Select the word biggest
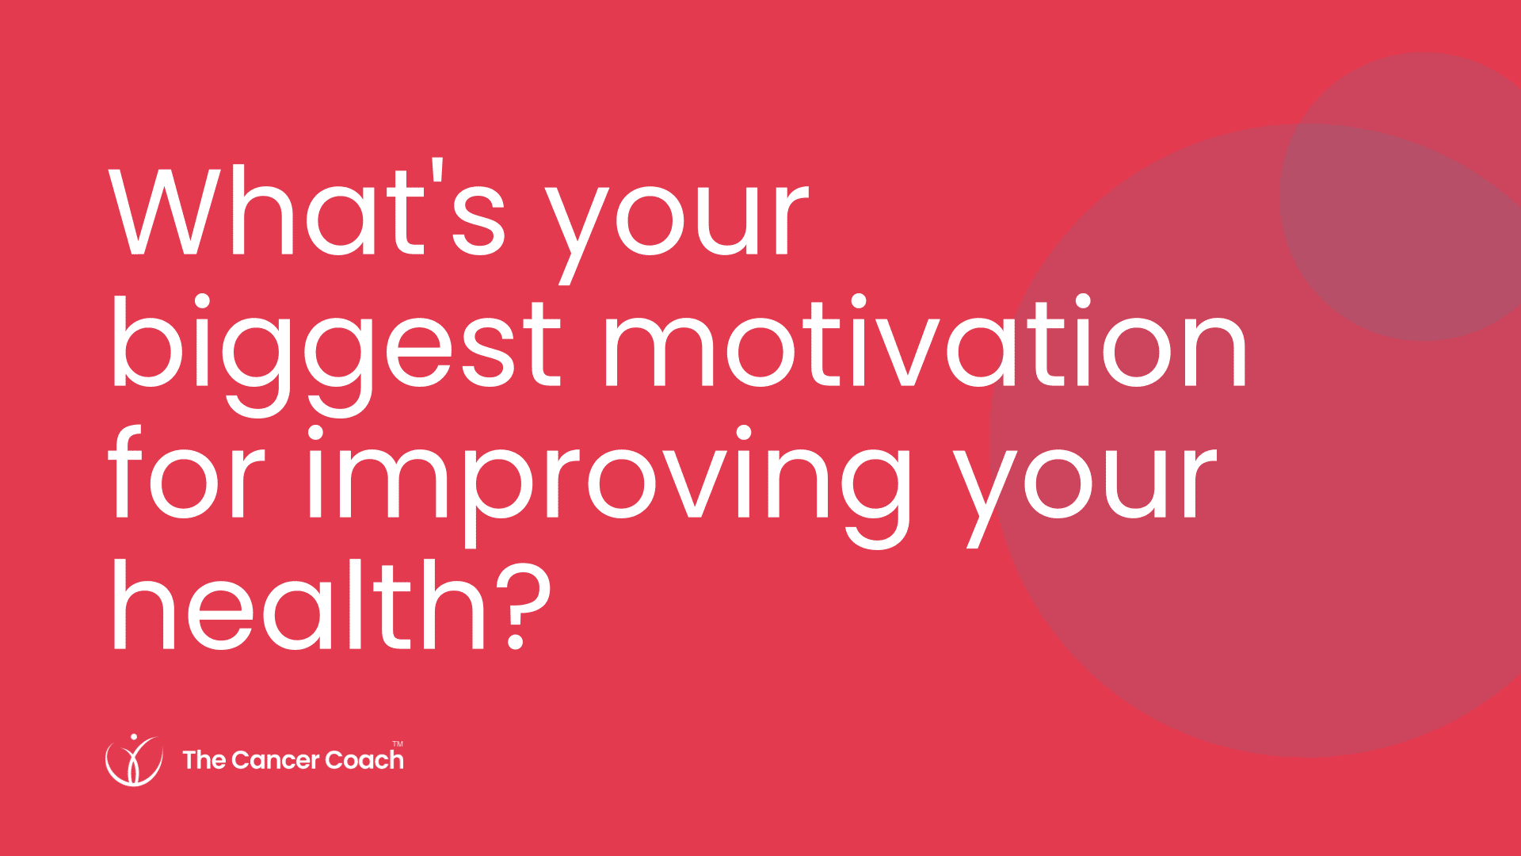pyautogui.click(x=336, y=353)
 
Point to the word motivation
pyautogui.click(x=925, y=341)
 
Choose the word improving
pyautogui.click(x=609, y=485)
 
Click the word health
pyautogui.click(x=299, y=602)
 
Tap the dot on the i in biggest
pyautogui.click(x=200, y=303)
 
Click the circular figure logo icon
pyautogui.click(x=134, y=760)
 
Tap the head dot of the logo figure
pyautogui.click(x=133, y=736)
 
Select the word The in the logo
pyautogui.click(x=204, y=760)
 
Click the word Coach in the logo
pyautogui.click(x=364, y=760)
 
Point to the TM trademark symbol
pyautogui.click(x=398, y=743)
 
